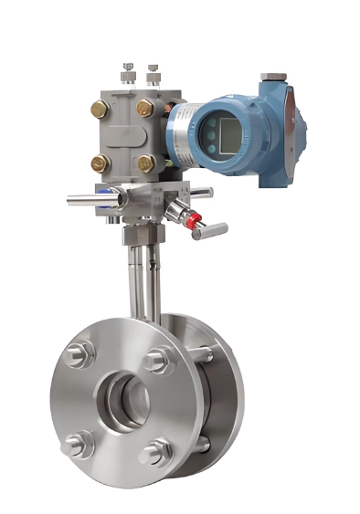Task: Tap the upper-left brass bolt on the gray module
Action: (100, 110)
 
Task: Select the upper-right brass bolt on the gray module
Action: (145, 109)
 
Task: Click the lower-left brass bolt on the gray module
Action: (100, 163)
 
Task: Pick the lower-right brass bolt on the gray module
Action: (145, 163)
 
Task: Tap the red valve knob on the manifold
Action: (191, 219)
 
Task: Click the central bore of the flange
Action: (126, 397)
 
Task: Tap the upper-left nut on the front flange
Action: (79, 352)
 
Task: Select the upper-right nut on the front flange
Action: (156, 359)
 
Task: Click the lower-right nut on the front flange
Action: (158, 449)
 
